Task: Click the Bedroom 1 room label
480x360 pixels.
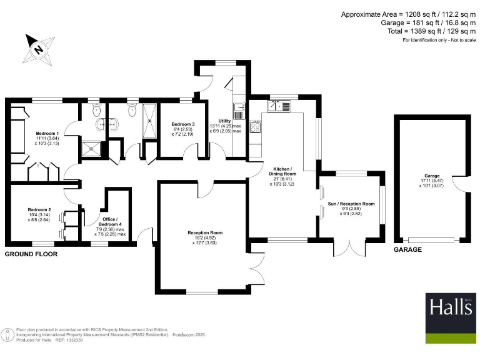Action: pyautogui.click(x=47, y=134)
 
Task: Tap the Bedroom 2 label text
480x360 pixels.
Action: pyautogui.click(x=39, y=210)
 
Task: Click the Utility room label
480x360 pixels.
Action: pyautogui.click(x=225, y=121)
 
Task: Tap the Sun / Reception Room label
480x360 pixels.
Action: pyautogui.click(x=351, y=204)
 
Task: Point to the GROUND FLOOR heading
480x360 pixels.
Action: pyautogui.click(x=31, y=254)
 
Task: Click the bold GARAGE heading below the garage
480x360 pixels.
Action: pyautogui.click(x=407, y=249)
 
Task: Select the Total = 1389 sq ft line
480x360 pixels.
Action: pyautogui.click(x=422, y=31)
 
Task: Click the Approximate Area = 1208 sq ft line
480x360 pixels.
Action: pyautogui.click(x=408, y=14)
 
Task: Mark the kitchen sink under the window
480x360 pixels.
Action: pyautogui.click(x=279, y=106)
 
